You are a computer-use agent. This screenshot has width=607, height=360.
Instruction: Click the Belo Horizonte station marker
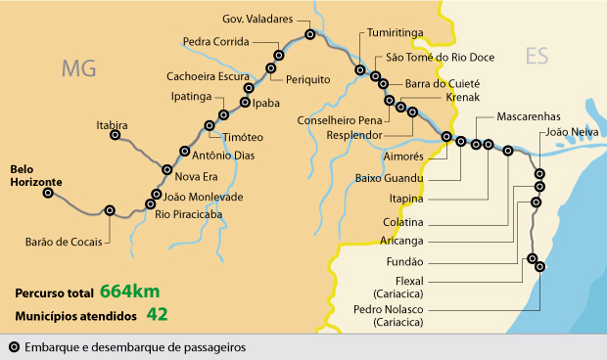tap(47, 193)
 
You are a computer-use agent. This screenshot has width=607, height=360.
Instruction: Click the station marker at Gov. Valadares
tap(310, 34)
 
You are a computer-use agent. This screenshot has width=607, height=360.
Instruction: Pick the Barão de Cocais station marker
tap(109, 209)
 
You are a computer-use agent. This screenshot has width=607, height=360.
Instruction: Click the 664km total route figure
tap(128, 292)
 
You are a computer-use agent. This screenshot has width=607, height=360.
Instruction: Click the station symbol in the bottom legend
tap(14, 346)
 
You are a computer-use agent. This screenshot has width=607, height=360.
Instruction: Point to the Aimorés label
tap(404, 156)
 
